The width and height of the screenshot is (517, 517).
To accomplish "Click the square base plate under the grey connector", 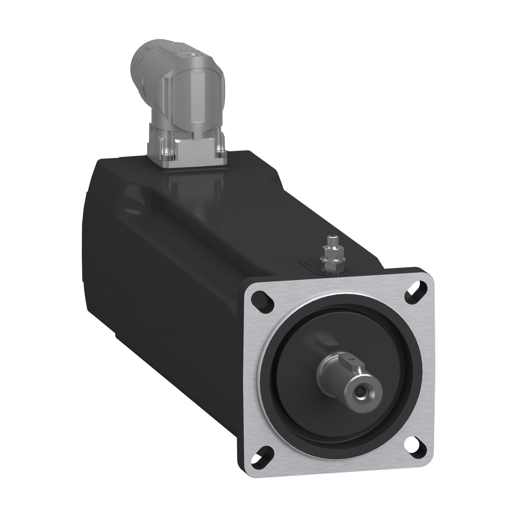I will tap(187, 151).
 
